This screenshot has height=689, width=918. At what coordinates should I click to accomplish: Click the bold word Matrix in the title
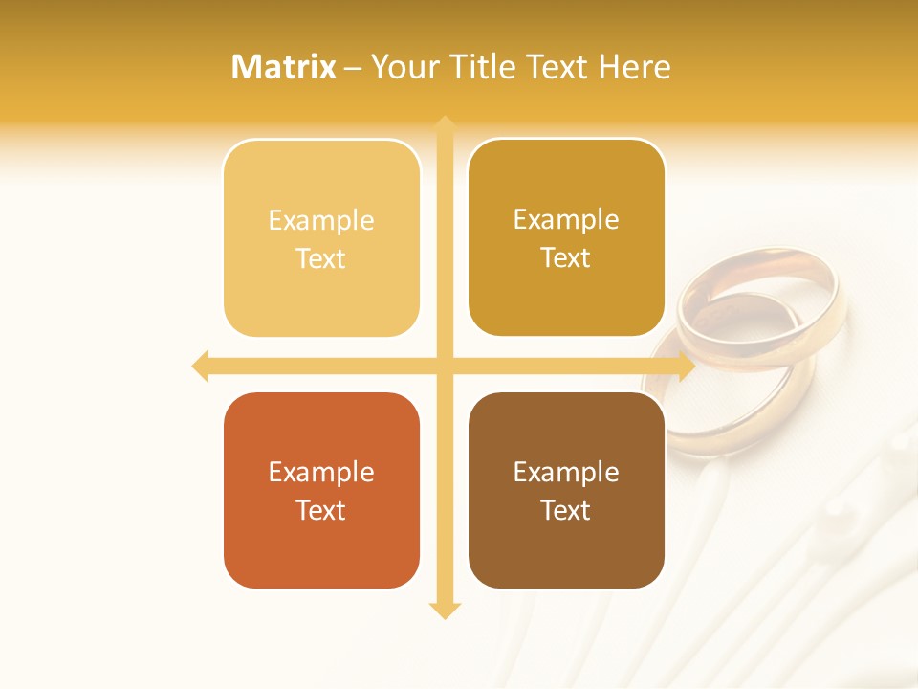[284, 67]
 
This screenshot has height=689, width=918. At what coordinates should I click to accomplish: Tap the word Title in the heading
[488, 67]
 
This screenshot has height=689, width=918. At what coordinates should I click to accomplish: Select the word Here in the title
[635, 67]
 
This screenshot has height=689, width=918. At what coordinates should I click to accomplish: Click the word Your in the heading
[405, 67]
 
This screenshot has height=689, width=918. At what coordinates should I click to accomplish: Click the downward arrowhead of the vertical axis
[444, 611]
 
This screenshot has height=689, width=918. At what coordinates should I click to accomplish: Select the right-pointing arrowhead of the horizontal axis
[686, 366]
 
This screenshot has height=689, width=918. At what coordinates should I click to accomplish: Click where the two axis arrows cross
[444, 366]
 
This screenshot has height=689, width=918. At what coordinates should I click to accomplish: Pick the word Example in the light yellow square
[321, 221]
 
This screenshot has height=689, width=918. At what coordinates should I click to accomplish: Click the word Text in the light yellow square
[321, 258]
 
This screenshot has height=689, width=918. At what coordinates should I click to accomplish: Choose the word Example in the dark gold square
[566, 220]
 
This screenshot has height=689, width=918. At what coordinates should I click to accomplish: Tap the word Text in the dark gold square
[566, 257]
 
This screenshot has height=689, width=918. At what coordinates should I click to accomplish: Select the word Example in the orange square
[321, 473]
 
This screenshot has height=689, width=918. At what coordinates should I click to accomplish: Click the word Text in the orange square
[321, 510]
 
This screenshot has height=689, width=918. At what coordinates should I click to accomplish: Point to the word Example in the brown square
[566, 473]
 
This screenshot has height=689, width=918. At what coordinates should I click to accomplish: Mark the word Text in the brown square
[566, 510]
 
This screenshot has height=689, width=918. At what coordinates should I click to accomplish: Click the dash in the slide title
[353, 68]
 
